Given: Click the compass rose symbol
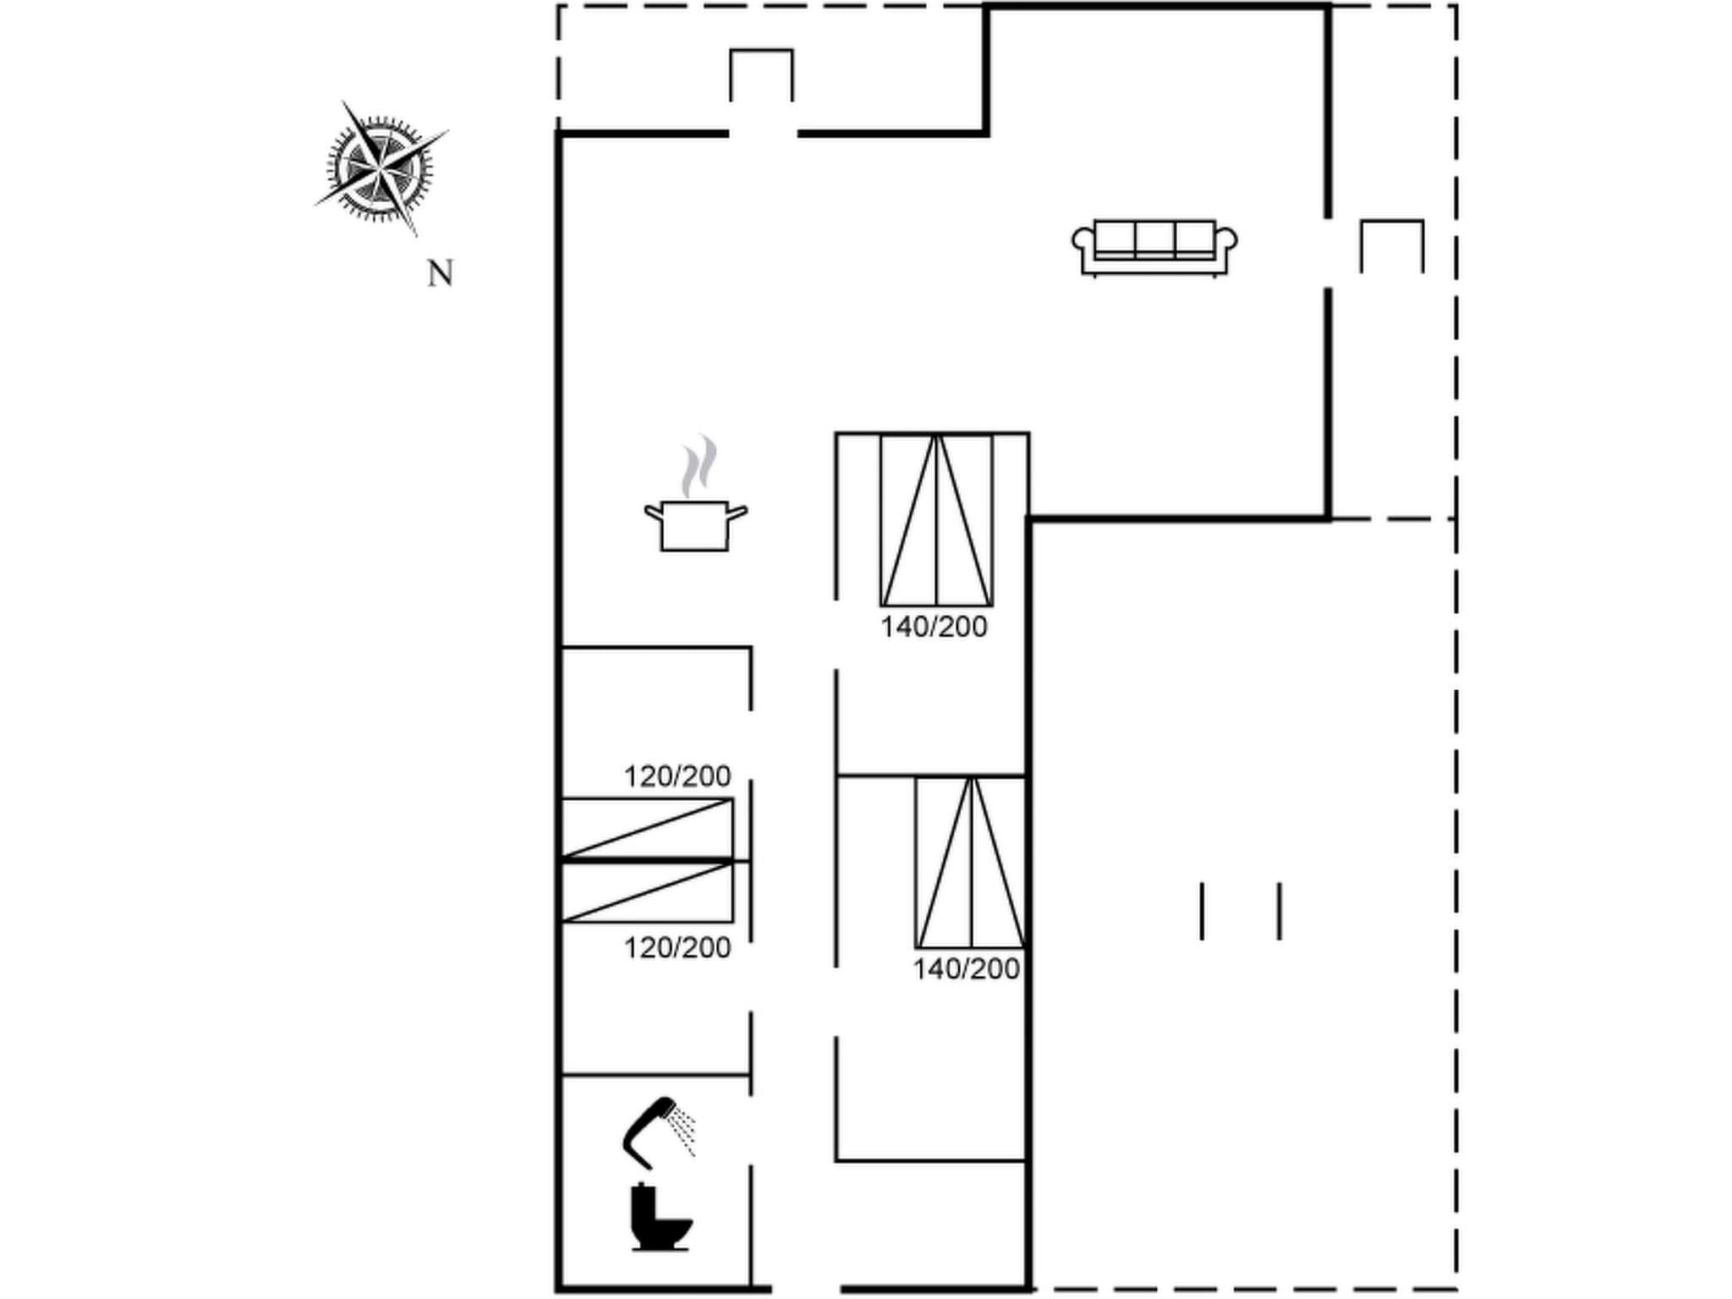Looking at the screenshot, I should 381,168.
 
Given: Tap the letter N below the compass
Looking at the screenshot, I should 440,274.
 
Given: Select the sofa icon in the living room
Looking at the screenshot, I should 1154,247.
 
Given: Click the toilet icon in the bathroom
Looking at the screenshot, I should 660,1218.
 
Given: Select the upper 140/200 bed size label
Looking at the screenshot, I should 934,628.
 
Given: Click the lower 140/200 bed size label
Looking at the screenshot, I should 966,969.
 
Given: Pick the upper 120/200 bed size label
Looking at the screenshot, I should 677,776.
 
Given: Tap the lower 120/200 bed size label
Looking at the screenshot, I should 677,948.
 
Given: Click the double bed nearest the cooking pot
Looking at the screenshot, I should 936,519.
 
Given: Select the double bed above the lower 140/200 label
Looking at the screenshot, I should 971,862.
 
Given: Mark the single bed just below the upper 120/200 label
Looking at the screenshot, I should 647,828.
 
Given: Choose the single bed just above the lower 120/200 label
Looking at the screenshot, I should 647,891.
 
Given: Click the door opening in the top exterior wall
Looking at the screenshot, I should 763,134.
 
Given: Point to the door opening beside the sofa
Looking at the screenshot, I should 1328,252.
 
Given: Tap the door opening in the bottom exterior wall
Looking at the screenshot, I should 805,1289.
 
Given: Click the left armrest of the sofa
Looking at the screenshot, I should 1082,240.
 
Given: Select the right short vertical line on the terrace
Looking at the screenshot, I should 1280,911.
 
